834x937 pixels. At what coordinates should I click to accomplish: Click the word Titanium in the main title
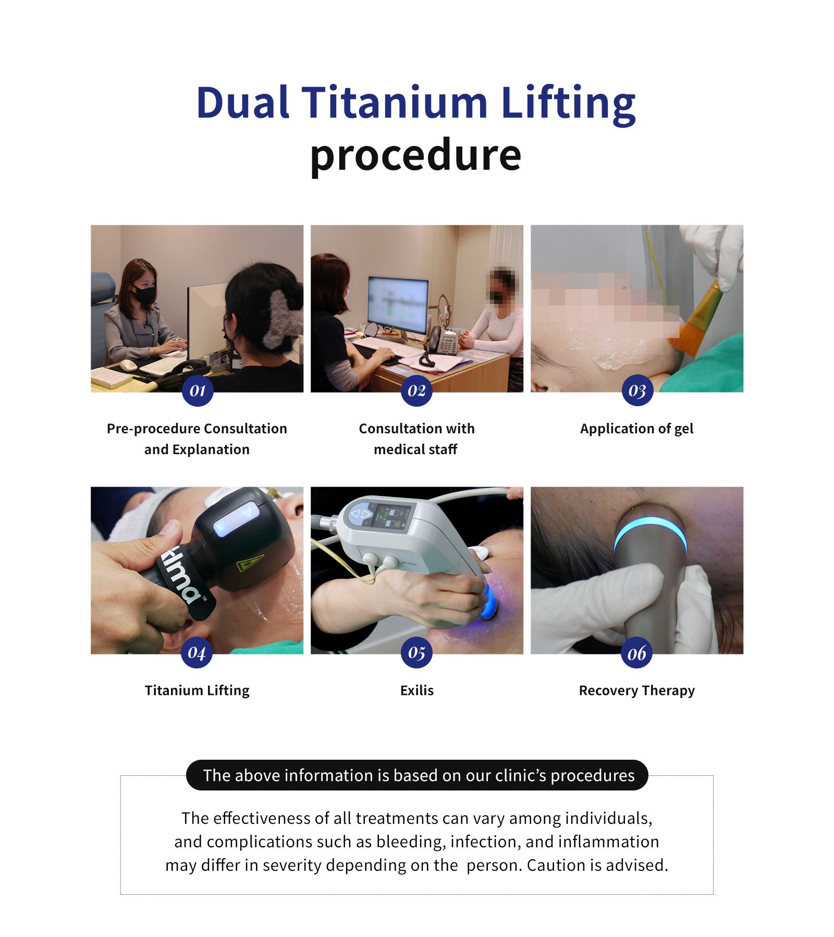[395, 102]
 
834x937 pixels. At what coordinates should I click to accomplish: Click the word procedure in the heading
[416, 155]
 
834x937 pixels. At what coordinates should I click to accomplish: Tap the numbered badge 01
[198, 391]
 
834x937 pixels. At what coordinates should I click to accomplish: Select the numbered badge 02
[416, 391]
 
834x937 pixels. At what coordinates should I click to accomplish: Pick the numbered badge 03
[637, 391]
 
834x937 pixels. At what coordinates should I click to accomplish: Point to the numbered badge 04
[197, 652]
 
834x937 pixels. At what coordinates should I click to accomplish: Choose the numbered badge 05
[416, 652]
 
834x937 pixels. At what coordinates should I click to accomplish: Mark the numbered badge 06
[636, 652]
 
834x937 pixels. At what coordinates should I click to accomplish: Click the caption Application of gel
[636, 429]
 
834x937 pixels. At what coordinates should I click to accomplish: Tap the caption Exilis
[417, 690]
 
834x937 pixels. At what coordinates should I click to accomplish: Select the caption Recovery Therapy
[636, 691]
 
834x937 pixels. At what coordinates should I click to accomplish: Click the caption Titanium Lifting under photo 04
[197, 691]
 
